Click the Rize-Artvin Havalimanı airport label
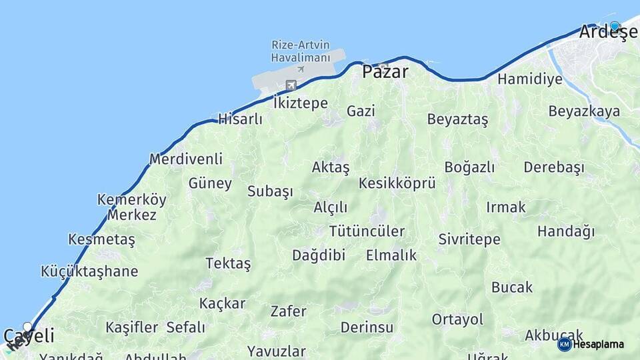301,51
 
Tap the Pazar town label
385,71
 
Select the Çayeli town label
29,336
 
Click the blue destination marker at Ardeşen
615,27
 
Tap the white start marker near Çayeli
27,327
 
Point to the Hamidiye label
530,79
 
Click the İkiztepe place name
301,103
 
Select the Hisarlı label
240,120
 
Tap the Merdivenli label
185,159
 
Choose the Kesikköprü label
397,183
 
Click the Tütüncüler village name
367,231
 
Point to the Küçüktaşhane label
89,271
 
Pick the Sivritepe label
469,239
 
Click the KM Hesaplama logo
591,344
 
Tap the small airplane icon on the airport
301,69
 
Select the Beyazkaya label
584,111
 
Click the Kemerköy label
132,199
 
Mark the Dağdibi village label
319,255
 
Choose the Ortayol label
457,319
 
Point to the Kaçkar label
222,303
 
